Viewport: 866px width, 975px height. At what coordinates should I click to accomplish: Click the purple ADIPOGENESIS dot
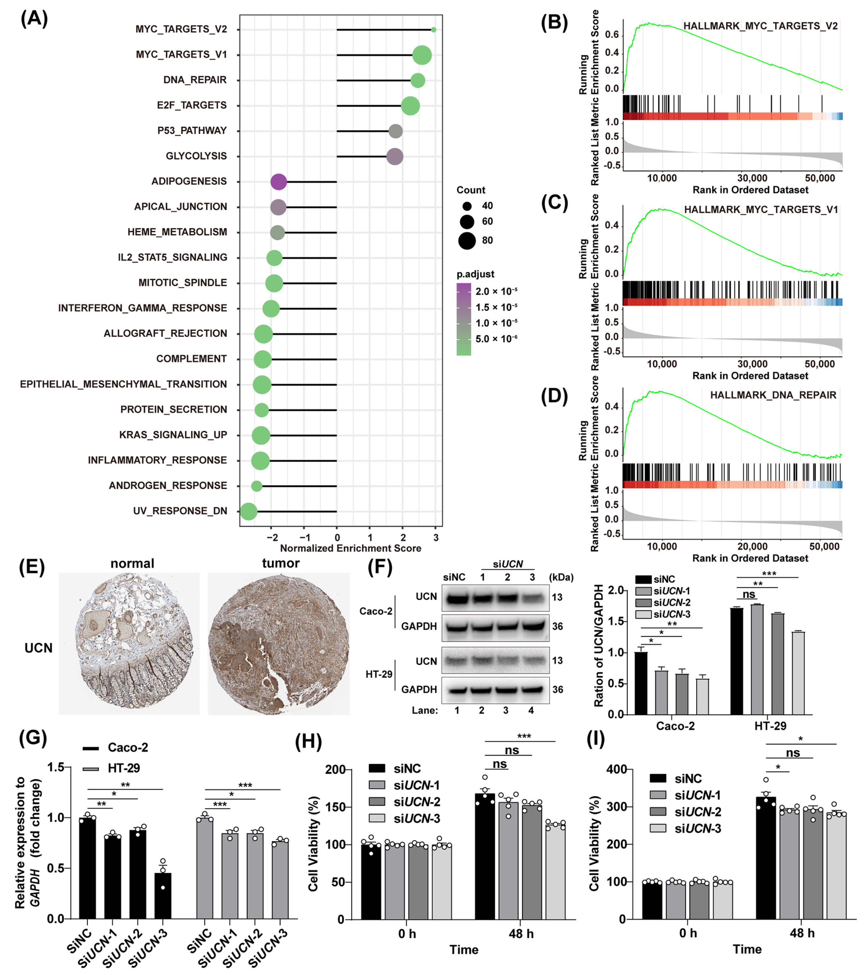click(278, 182)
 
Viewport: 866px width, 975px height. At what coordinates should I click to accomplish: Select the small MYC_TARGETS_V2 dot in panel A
click(433, 29)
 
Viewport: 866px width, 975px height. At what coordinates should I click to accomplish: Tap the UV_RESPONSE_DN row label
click(180, 511)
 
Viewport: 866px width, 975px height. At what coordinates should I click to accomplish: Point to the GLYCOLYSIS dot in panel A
click(394, 156)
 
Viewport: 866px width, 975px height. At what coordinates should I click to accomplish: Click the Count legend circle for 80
click(467, 241)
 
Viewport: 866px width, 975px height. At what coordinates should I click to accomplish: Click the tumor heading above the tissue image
click(281, 563)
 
